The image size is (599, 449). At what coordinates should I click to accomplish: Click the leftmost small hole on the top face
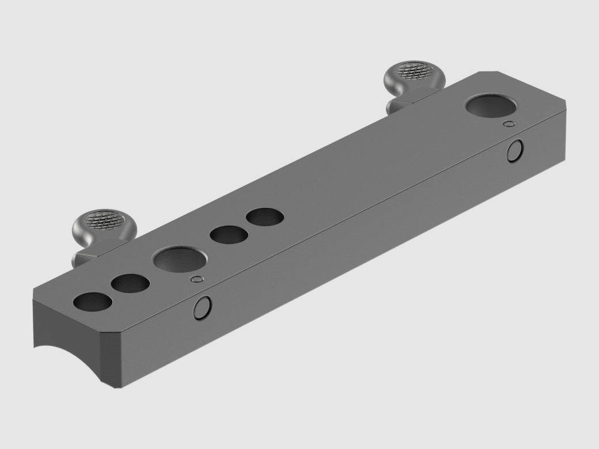click(93, 302)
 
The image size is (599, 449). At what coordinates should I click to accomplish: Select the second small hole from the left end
click(130, 283)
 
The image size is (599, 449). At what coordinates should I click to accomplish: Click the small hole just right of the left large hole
click(229, 235)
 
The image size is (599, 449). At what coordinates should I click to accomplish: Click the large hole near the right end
click(492, 107)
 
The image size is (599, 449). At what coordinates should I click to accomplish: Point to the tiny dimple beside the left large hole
click(197, 280)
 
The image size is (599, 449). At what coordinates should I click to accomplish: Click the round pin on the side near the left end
click(202, 308)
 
